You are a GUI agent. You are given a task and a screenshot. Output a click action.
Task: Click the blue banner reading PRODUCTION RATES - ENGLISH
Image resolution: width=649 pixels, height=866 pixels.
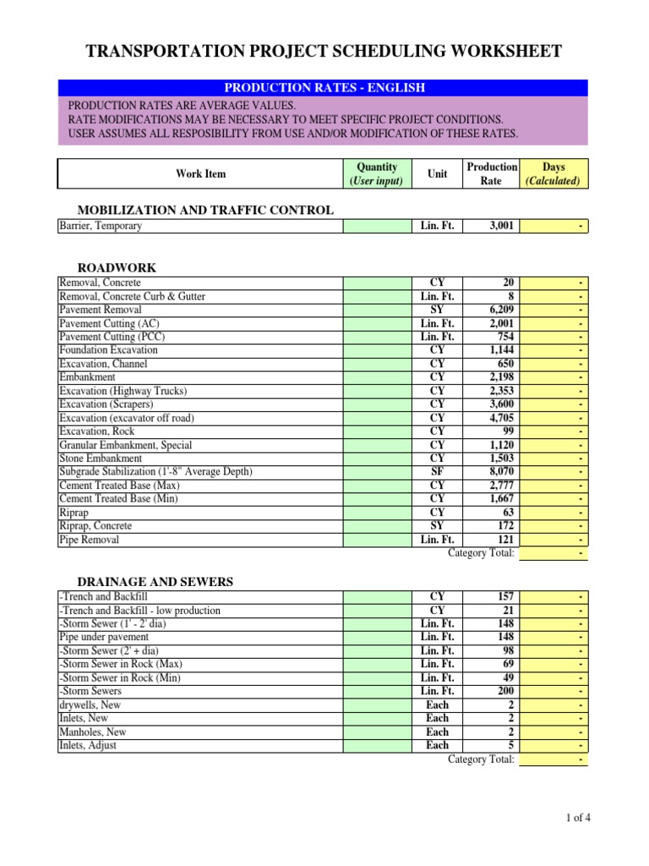click(x=323, y=88)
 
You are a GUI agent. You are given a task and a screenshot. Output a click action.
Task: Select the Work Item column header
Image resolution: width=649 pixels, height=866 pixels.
click(x=200, y=174)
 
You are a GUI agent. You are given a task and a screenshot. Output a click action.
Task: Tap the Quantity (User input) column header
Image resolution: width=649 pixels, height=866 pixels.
click(x=376, y=174)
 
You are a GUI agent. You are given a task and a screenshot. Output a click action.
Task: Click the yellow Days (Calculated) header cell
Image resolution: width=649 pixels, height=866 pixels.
click(x=554, y=174)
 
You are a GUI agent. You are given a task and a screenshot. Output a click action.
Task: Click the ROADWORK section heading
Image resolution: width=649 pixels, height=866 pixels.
click(x=117, y=268)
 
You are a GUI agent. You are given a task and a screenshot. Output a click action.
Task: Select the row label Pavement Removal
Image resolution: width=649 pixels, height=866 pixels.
click(x=98, y=310)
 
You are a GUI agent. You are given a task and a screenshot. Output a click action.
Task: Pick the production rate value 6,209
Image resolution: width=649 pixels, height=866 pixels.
click(x=498, y=310)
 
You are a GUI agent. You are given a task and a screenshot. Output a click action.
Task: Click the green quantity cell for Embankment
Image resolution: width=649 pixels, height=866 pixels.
click(x=376, y=377)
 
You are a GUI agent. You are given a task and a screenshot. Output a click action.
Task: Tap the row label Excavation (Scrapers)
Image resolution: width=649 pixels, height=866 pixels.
click(x=107, y=404)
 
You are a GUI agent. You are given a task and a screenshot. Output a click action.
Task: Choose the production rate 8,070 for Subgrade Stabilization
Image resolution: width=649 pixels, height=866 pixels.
click(x=498, y=472)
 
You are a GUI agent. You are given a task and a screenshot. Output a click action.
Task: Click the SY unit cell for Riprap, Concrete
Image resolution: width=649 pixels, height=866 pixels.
click(x=438, y=526)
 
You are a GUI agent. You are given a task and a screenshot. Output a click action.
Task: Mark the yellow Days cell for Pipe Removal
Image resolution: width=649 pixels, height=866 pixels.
click(x=554, y=540)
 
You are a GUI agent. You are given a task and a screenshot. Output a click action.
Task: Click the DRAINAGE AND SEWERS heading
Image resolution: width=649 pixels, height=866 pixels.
click(x=155, y=582)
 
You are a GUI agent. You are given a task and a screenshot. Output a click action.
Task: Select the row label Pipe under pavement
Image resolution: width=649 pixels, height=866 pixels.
click(x=104, y=637)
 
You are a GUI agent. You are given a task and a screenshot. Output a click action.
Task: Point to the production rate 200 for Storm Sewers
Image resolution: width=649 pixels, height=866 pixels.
click(x=504, y=691)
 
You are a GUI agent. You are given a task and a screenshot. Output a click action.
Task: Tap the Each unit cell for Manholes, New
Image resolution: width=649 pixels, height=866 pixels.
click(x=438, y=732)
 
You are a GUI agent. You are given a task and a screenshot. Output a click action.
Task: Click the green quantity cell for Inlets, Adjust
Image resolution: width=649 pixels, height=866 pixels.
click(x=376, y=745)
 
